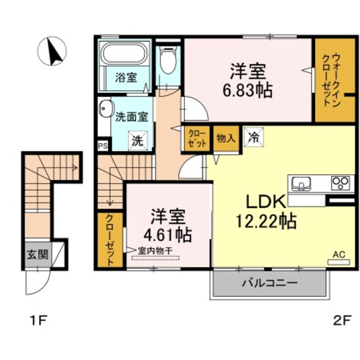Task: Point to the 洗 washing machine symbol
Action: coord(137,141)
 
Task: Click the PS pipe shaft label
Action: coord(102,145)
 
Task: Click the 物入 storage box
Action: coord(225,137)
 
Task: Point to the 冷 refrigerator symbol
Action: coord(254,137)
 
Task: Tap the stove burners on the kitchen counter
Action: coord(341,182)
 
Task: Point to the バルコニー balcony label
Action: coord(269,283)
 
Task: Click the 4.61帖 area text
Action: coord(167,234)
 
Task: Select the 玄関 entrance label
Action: coord(34,254)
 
